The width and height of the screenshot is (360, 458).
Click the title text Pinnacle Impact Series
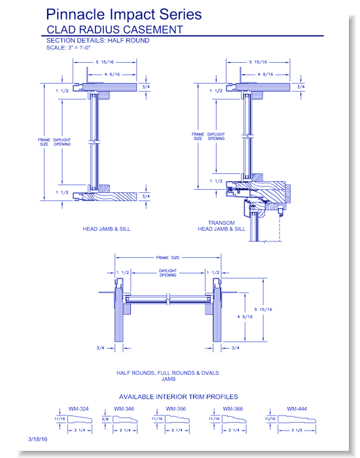coord(124,14)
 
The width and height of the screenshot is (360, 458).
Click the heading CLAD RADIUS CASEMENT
coord(115,29)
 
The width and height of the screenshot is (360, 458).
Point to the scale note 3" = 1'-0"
coord(79,47)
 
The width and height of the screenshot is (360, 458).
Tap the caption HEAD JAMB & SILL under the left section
coord(106,229)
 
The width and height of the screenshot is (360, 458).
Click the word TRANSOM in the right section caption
coord(221,222)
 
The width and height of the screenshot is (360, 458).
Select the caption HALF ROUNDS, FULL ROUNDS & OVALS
coord(168,373)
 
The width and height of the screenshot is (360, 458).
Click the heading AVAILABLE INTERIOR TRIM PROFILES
coord(178,396)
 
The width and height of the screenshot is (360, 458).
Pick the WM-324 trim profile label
coord(79,409)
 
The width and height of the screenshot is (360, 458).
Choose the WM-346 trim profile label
coord(124,409)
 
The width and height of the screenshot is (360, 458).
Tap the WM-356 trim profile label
coord(176,409)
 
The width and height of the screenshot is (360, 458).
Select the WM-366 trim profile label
coord(233,409)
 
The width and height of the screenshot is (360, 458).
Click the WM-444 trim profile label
coord(297,409)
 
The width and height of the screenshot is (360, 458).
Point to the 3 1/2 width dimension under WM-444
coord(297,431)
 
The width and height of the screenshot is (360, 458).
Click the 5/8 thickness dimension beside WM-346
coord(105,419)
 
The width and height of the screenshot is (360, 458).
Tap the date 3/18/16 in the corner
coord(38,439)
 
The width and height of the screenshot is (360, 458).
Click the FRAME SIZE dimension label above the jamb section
coord(168,257)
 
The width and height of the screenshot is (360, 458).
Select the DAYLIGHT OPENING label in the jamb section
coord(168,273)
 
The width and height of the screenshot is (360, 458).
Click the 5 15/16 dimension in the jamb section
coord(263,309)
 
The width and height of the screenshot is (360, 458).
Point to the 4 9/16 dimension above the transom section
coord(265,74)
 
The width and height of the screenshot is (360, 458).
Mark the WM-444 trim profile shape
coord(297,419)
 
